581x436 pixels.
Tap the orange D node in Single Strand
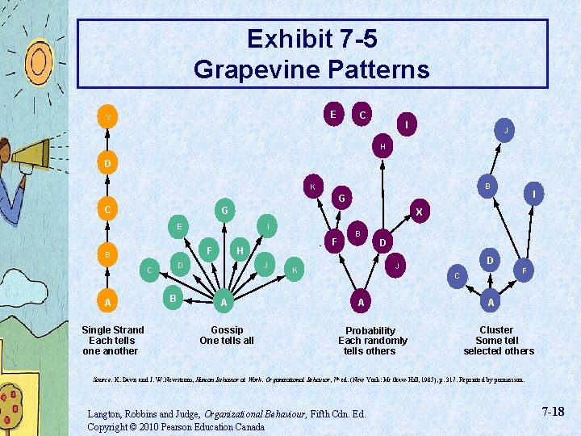(x=107, y=165)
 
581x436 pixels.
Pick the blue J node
(x=505, y=130)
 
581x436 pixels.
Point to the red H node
(x=382, y=146)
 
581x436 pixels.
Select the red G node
(x=342, y=198)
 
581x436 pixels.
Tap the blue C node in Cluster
(x=457, y=276)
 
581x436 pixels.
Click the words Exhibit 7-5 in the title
(x=311, y=39)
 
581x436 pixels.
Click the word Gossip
(x=227, y=329)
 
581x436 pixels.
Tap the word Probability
(x=370, y=330)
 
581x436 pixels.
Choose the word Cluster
(x=496, y=329)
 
